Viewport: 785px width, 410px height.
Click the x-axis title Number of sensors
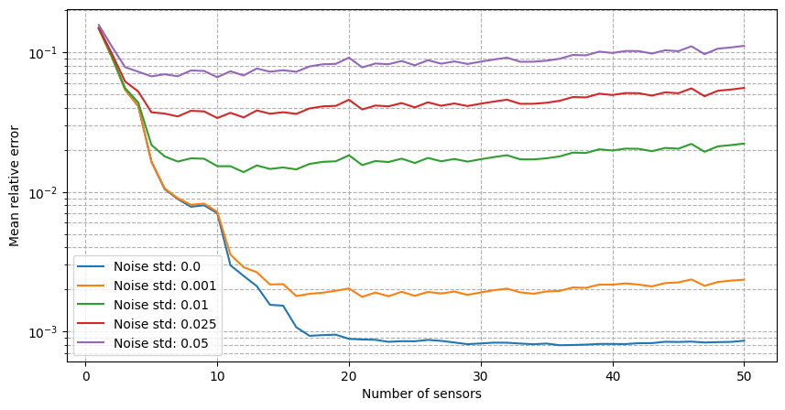[x=421, y=394]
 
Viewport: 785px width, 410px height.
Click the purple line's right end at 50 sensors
[x=744, y=46]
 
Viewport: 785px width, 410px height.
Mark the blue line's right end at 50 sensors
[x=744, y=340]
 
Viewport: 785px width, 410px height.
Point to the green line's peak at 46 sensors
[x=692, y=144]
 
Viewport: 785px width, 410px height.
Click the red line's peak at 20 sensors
[x=349, y=100]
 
